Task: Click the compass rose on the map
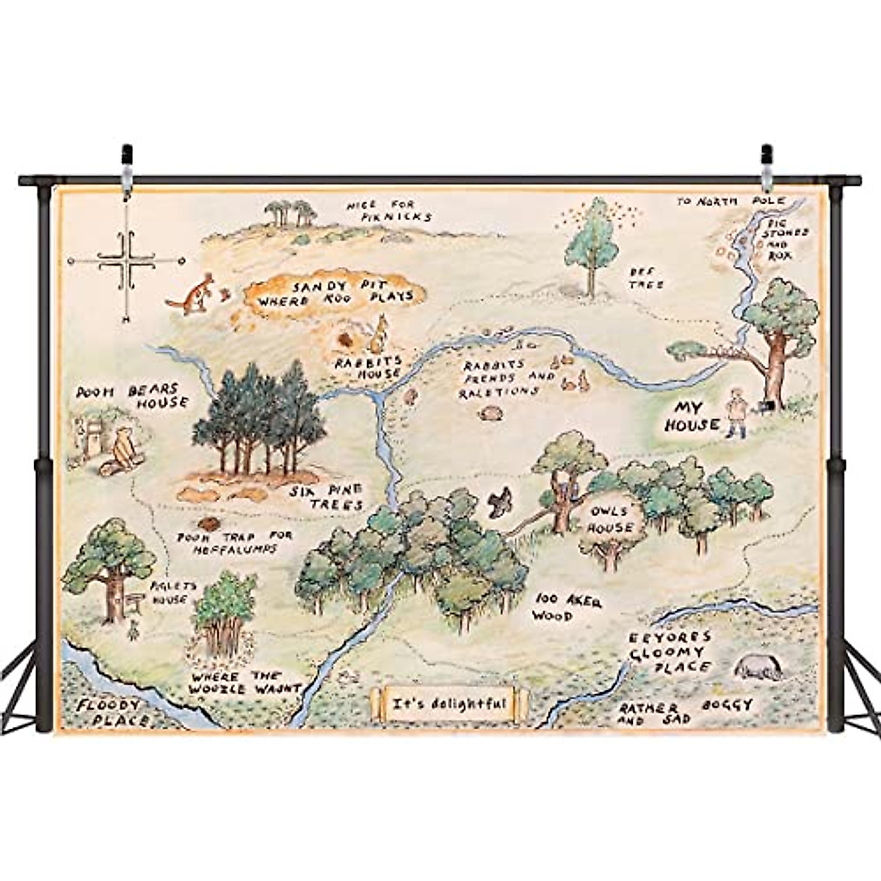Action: [126, 261]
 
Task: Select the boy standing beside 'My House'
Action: [735, 413]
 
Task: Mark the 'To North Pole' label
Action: [730, 200]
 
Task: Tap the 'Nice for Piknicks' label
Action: [389, 211]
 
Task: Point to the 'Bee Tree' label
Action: [646, 278]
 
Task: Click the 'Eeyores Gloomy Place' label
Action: [670, 651]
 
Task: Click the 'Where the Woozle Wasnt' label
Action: [244, 682]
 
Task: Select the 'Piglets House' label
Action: [169, 593]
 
